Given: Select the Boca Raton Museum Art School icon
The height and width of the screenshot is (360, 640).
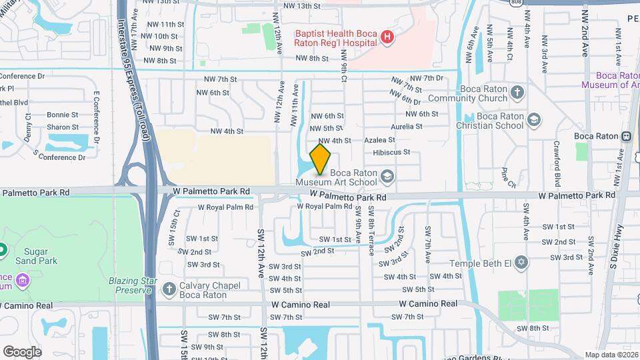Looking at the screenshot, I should coord(388,177).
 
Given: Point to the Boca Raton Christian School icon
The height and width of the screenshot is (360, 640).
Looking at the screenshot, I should coord(533,119).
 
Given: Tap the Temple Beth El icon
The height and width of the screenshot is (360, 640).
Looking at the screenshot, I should coord(521,263).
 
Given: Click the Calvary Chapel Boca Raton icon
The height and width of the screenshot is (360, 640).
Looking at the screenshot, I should coord(168,289).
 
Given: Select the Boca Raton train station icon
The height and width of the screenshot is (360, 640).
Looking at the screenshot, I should coord(626,136).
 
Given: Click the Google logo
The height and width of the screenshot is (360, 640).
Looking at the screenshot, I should coord(23,351).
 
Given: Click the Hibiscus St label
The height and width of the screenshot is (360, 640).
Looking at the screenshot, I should coord(391,152).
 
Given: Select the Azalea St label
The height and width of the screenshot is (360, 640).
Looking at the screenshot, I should coord(379,140).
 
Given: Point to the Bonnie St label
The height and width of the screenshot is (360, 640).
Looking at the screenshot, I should coord(62,115).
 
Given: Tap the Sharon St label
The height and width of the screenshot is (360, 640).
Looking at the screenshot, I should coord(62,127).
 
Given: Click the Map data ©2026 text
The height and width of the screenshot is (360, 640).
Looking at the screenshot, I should coord(611,355).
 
